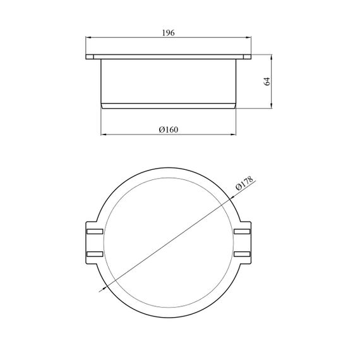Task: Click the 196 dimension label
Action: click(x=168, y=33)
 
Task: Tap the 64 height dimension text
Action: click(x=267, y=81)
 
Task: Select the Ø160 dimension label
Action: click(x=168, y=129)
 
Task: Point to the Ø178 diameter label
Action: click(x=244, y=183)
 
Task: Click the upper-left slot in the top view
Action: click(x=95, y=231)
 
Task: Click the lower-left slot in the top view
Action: click(x=95, y=254)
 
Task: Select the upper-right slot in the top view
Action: click(x=242, y=231)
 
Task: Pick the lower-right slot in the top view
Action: click(x=242, y=254)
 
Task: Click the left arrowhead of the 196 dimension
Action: click(x=88, y=37)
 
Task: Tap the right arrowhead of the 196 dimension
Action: click(x=249, y=37)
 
